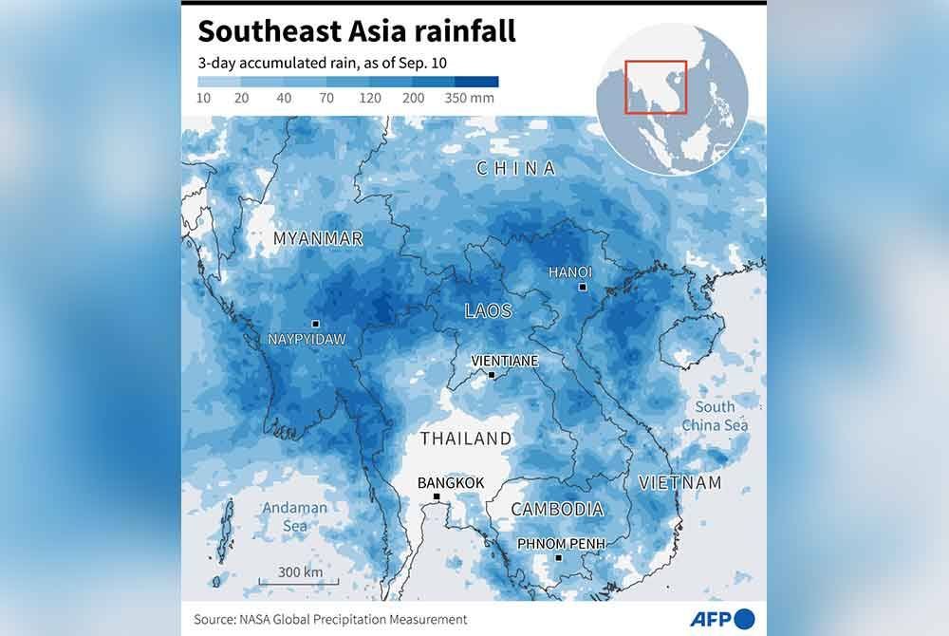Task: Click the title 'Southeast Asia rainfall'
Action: click(356, 31)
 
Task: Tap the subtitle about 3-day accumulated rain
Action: click(322, 64)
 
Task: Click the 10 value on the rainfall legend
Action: click(203, 98)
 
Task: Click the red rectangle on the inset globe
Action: click(656, 86)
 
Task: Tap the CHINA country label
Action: click(515, 168)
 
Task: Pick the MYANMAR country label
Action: click(318, 238)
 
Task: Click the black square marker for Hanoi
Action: click(583, 287)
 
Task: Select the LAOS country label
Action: click(488, 310)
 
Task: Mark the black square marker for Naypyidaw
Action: click(315, 324)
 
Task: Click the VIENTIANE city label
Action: click(505, 361)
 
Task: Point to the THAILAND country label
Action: click(465, 439)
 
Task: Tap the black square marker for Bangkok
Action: click(437, 496)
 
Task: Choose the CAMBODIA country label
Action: click(557, 510)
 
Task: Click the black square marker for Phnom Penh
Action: click(559, 557)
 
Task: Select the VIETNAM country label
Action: click(679, 482)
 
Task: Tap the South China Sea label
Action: click(715, 416)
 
